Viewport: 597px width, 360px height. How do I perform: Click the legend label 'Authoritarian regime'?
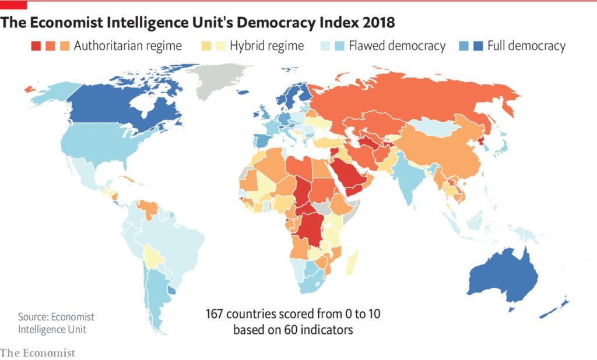(128, 45)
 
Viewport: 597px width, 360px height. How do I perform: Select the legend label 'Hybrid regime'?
(266, 45)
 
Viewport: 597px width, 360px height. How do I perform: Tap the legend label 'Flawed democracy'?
(397, 45)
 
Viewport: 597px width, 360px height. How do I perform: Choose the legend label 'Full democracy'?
(526, 45)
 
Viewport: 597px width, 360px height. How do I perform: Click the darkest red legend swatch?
(36, 45)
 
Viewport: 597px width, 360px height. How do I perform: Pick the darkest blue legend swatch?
(477, 45)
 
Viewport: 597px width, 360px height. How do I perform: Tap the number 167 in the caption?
(216, 314)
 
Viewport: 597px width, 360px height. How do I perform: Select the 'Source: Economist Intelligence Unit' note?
(56, 323)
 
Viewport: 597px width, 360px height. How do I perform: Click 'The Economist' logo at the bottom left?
(38, 352)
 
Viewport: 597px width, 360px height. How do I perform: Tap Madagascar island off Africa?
(353, 262)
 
